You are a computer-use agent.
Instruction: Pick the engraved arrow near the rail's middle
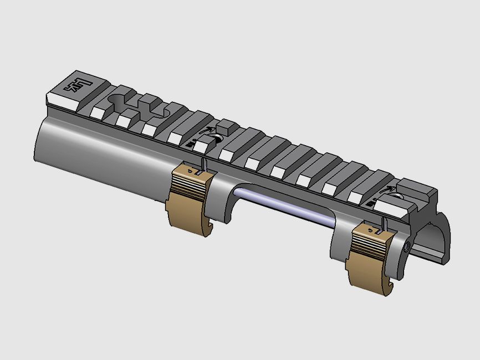click(x=209, y=131)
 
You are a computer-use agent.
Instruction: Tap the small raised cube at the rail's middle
click(x=226, y=125)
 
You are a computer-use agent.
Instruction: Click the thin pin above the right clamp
click(x=383, y=223)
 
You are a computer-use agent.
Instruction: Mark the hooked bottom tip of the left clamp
click(x=206, y=230)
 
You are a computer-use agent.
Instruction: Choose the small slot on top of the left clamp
click(x=196, y=173)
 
